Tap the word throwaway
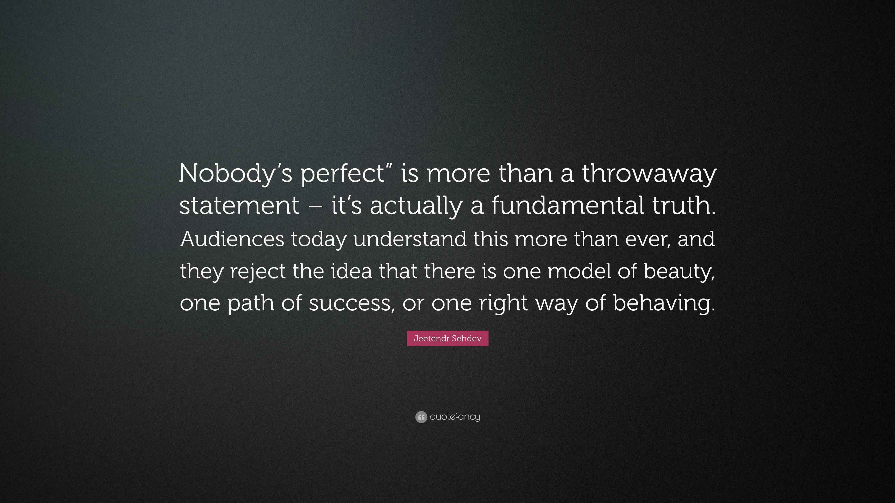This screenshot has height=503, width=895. pos(649,173)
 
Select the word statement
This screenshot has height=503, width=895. pos(239,205)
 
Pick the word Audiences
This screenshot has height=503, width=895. pos(232,239)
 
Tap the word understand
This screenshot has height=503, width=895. pos(410,239)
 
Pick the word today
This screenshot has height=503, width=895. pos(319,239)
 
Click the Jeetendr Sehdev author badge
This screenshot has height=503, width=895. pos(447,338)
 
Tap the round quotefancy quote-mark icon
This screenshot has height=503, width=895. pos(421,417)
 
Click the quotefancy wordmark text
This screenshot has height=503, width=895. pos(455,417)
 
